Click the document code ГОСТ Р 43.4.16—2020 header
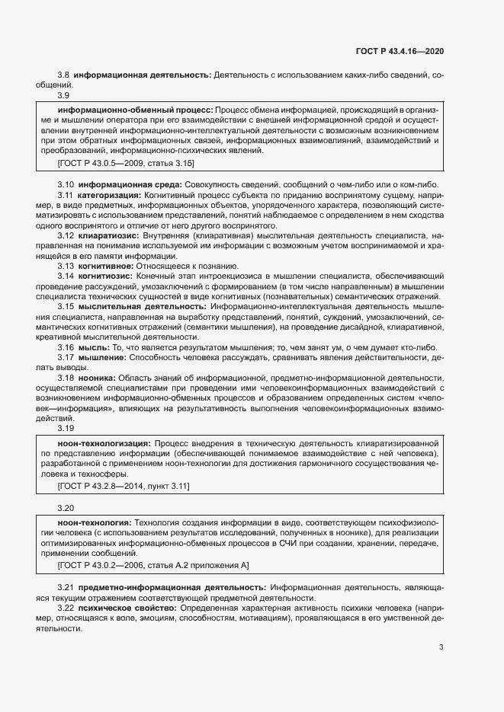[400, 51]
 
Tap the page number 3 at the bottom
[441, 647]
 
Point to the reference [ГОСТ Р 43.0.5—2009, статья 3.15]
[126, 163]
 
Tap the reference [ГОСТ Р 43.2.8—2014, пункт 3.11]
[124, 485]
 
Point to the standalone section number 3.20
[66, 507]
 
